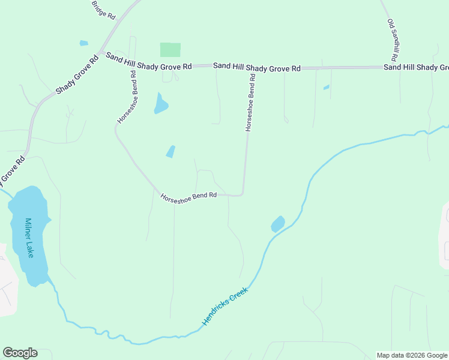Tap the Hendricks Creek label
click(x=224, y=306)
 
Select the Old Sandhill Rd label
click(x=393, y=40)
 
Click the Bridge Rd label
click(x=103, y=10)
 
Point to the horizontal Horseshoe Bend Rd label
click(x=188, y=197)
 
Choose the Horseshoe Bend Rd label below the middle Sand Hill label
click(x=252, y=103)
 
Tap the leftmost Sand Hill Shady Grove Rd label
click(x=149, y=61)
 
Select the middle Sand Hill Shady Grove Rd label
click(x=257, y=67)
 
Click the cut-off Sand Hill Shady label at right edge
click(x=416, y=67)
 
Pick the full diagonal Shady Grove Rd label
click(x=77, y=75)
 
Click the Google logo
click(x=20, y=353)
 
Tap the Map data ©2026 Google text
click(x=412, y=355)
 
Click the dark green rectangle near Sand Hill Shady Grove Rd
click(x=170, y=50)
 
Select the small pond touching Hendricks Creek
click(x=277, y=224)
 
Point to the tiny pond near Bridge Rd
click(x=83, y=43)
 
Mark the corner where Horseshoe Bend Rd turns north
click(x=242, y=193)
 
